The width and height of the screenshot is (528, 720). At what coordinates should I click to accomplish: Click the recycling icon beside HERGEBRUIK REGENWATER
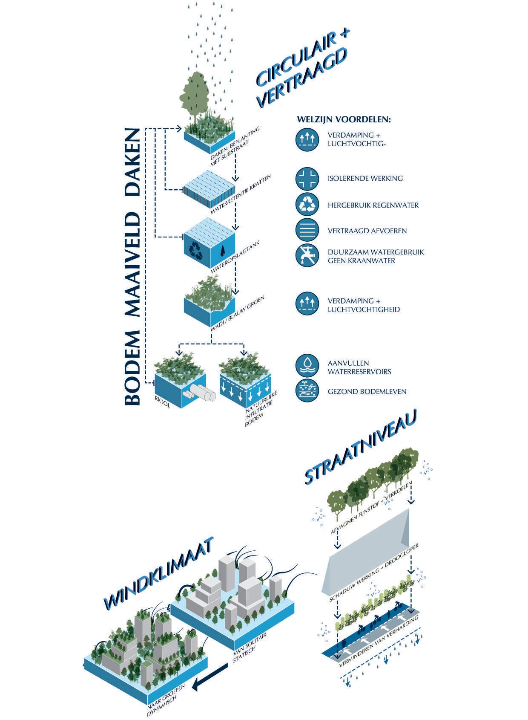(307, 205)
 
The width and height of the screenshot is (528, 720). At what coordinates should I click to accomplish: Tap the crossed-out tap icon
(307, 256)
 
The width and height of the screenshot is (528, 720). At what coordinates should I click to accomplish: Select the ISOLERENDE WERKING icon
(307, 178)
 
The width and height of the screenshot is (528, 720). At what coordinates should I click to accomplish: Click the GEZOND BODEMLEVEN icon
(307, 391)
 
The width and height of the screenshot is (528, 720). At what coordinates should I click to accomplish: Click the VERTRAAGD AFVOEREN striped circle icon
(307, 230)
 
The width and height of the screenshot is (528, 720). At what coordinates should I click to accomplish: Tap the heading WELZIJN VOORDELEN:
(344, 119)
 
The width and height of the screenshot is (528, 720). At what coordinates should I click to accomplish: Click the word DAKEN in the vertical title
(132, 162)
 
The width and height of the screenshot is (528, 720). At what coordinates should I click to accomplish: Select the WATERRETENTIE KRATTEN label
(241, 194)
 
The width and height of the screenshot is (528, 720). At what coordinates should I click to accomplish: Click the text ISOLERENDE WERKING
(365, 178)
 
